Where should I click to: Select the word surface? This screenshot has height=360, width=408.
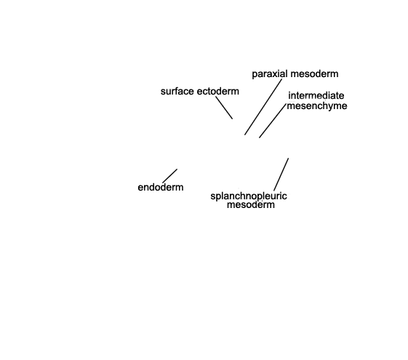tap(177, 92)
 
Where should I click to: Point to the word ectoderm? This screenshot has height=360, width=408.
tap(217, 92)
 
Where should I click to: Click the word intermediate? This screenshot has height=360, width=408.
tap(316, 96)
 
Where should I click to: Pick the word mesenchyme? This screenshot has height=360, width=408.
tap(317, 106)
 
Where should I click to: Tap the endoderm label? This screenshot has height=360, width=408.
tap(161, 188)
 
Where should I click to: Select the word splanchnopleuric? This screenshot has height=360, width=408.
tap(249, 196)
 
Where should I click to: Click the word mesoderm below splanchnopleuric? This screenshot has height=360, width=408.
tap(251, 204)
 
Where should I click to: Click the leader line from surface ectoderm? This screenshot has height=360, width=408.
tap(224, 108)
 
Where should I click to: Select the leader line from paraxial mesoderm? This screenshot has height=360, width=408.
tap(263, 107)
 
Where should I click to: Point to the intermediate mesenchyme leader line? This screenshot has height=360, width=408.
tap(273, 121)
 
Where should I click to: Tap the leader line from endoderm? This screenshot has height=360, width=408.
tap(170, 176)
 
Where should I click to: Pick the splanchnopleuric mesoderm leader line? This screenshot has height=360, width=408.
tap(281, 175)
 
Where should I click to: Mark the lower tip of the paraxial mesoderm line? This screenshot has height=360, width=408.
tap(244, 135)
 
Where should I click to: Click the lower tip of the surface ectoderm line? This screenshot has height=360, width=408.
tap(232, 119)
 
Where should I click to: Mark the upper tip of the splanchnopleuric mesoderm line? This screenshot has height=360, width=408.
tap(288, 158)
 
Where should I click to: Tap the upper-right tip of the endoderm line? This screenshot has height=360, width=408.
tap(177, 169)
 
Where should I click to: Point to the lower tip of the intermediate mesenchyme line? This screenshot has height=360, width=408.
tap(259, 137)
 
